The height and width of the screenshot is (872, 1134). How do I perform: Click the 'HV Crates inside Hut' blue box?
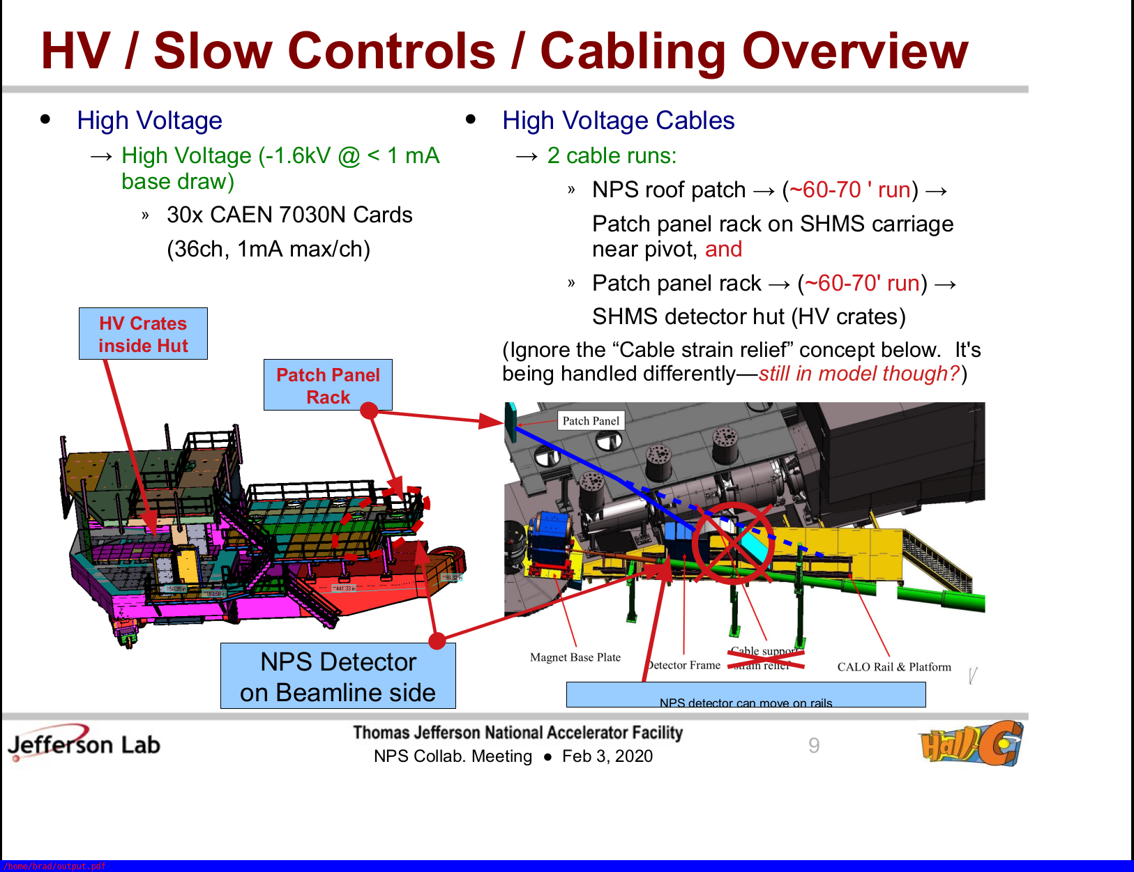143,334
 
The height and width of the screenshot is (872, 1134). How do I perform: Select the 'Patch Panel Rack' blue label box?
328,385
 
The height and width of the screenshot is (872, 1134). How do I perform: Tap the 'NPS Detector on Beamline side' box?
338,676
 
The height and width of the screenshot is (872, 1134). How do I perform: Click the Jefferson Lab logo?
84,744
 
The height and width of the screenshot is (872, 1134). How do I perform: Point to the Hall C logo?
972,744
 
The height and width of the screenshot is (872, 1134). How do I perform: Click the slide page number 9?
814,746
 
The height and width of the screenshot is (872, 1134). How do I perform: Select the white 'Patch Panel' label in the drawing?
591,421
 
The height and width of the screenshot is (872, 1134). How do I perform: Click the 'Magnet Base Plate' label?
575,657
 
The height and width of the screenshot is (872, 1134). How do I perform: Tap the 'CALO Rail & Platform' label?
893,667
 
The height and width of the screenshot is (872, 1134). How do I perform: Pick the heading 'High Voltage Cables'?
618,121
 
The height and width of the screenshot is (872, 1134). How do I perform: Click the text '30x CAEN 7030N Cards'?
289,215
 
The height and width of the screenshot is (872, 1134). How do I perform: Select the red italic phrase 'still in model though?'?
859,374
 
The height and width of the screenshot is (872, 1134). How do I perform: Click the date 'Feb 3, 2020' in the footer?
607,756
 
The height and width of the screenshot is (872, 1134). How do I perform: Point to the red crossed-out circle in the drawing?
732,542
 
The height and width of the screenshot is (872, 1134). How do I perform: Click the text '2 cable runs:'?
612,155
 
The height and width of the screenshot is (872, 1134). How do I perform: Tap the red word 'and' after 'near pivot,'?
723,249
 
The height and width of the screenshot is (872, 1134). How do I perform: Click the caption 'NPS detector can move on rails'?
746,703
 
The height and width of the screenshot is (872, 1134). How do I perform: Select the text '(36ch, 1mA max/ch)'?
269,249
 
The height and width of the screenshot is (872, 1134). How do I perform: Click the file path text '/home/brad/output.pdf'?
54,866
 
